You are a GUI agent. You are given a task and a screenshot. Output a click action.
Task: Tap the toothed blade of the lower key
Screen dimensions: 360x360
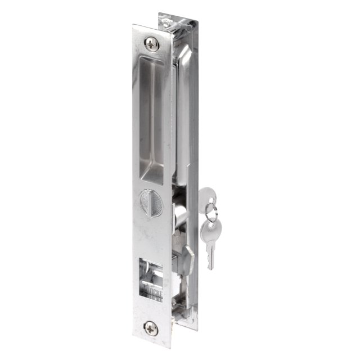pyautogui.click(x=211, y=253)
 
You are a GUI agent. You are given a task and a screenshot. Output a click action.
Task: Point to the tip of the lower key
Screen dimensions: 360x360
pyautogui.click(x=210, y=268)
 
